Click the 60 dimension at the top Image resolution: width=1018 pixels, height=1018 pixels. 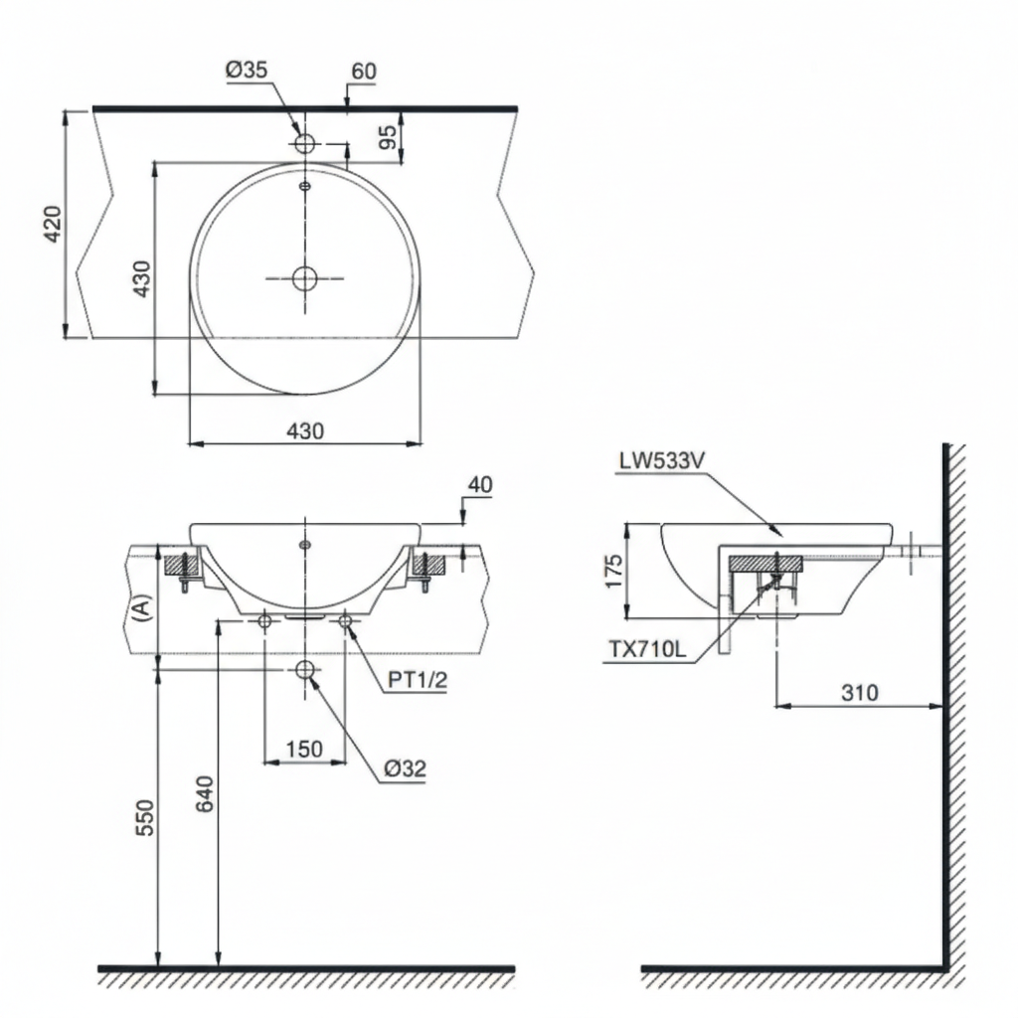(364, 71)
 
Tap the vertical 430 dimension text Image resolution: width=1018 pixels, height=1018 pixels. (142, 278)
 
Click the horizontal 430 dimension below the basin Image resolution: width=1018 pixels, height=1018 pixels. (305, 430)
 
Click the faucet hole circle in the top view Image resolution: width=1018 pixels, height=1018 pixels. (305, 143)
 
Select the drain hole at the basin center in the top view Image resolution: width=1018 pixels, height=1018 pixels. (305, 278)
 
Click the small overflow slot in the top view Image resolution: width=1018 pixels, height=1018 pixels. (305, 184)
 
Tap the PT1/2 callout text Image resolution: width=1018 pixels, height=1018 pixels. (417, 679)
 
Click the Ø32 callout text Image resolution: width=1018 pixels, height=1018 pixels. (406, 767)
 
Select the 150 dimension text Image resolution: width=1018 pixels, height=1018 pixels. (304, 749)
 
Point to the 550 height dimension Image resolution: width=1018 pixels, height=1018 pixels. (145, 817)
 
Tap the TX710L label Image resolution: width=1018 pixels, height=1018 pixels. (647, 650)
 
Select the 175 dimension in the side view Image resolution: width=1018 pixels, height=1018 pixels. (613, 572)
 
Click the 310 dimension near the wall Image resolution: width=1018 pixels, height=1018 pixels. (859, 693)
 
